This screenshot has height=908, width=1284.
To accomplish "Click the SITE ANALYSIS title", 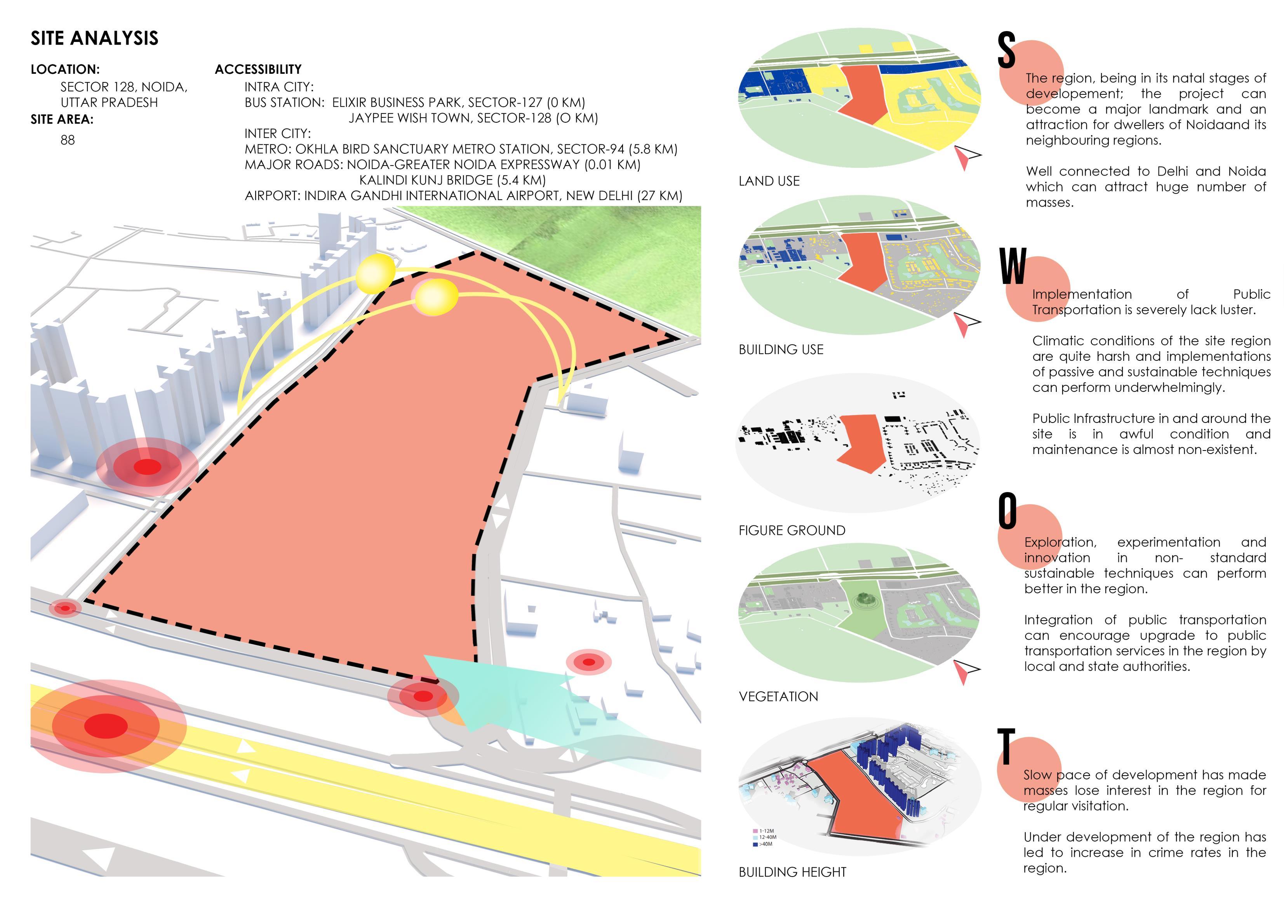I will tap(94, 38).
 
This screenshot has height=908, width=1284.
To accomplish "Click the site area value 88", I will tap(68, 140).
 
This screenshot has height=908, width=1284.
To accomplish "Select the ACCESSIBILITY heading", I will tap(258, 70).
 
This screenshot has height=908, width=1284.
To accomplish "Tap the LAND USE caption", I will tap(769, 181).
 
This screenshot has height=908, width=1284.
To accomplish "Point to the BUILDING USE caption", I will tap(781, 350).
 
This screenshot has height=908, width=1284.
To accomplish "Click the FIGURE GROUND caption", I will tap(792, 530).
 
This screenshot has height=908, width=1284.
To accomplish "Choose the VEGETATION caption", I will tap(778, 696).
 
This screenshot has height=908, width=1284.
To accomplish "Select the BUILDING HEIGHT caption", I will tap(792, 871).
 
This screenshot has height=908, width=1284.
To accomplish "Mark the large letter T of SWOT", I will tap(1006, 746).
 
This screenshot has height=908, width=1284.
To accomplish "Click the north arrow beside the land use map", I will tap(966, 157).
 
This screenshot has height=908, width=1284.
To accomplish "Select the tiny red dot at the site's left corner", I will tap(65, 608).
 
